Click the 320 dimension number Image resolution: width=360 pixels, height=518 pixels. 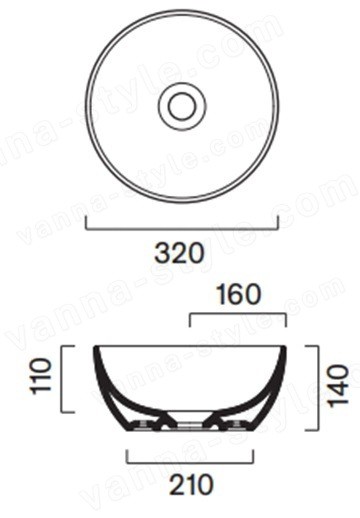click(x=179, y=253)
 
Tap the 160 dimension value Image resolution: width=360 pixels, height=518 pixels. click(x=239, y=294)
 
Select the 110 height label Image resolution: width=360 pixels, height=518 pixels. click(x=42, y=376)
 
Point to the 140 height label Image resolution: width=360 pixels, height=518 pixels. click(x=338, y=386)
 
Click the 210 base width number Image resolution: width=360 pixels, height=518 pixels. click(x=190, y=484)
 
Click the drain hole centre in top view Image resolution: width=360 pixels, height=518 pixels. click(x=182, y=106)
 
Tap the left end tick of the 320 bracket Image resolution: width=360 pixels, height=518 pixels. click(x=86, y=223)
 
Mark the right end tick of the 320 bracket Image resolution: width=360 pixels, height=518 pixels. click(x=278, y=223)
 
